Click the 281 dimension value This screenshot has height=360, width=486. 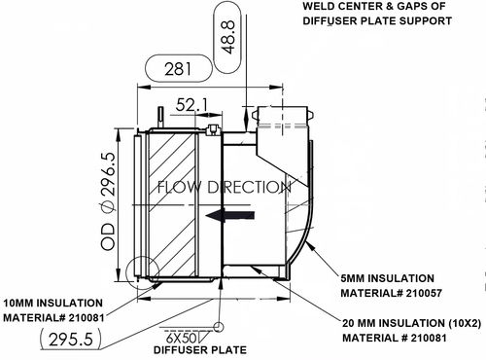[176, 69]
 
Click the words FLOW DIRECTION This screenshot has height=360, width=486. [223, 186]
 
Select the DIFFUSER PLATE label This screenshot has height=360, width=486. [191, 348]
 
